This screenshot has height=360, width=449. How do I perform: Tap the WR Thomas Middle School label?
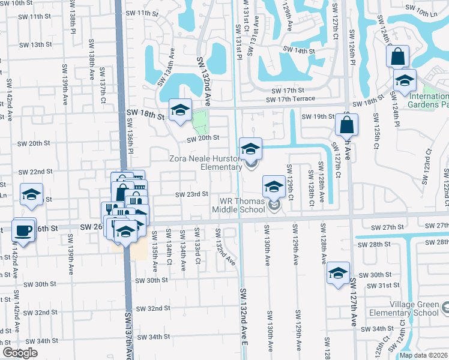[x=238, y=205]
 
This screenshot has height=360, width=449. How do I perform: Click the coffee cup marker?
[x=24, y=230]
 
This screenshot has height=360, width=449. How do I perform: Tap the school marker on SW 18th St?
[x=179, y=110]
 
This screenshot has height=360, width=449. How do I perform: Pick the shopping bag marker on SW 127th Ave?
[x=348, y=125]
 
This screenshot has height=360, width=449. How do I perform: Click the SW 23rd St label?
[x=191, y=194]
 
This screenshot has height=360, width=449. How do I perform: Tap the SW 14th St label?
[x=298, y=51]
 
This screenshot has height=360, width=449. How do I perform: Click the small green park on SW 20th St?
[x=199, y=125]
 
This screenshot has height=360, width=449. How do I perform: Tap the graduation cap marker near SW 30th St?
[x=339, y=273]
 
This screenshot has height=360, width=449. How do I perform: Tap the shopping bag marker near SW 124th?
[x=398, y=58]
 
